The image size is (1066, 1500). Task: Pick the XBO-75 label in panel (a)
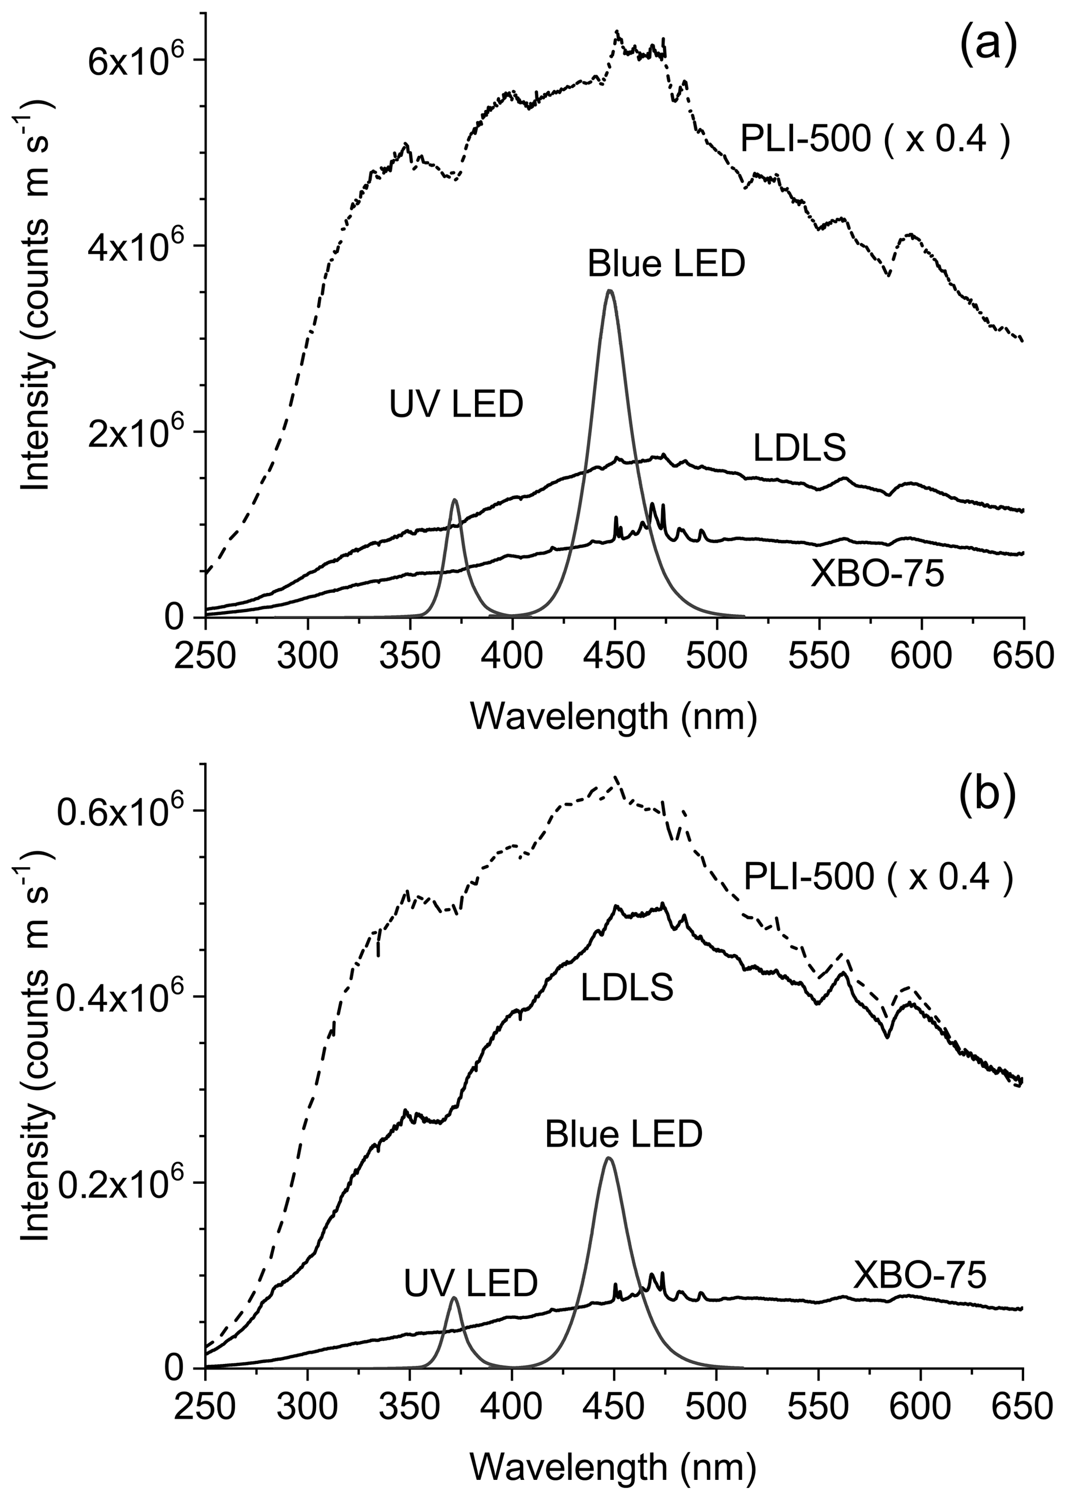878,575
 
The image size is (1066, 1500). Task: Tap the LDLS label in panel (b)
627,988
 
